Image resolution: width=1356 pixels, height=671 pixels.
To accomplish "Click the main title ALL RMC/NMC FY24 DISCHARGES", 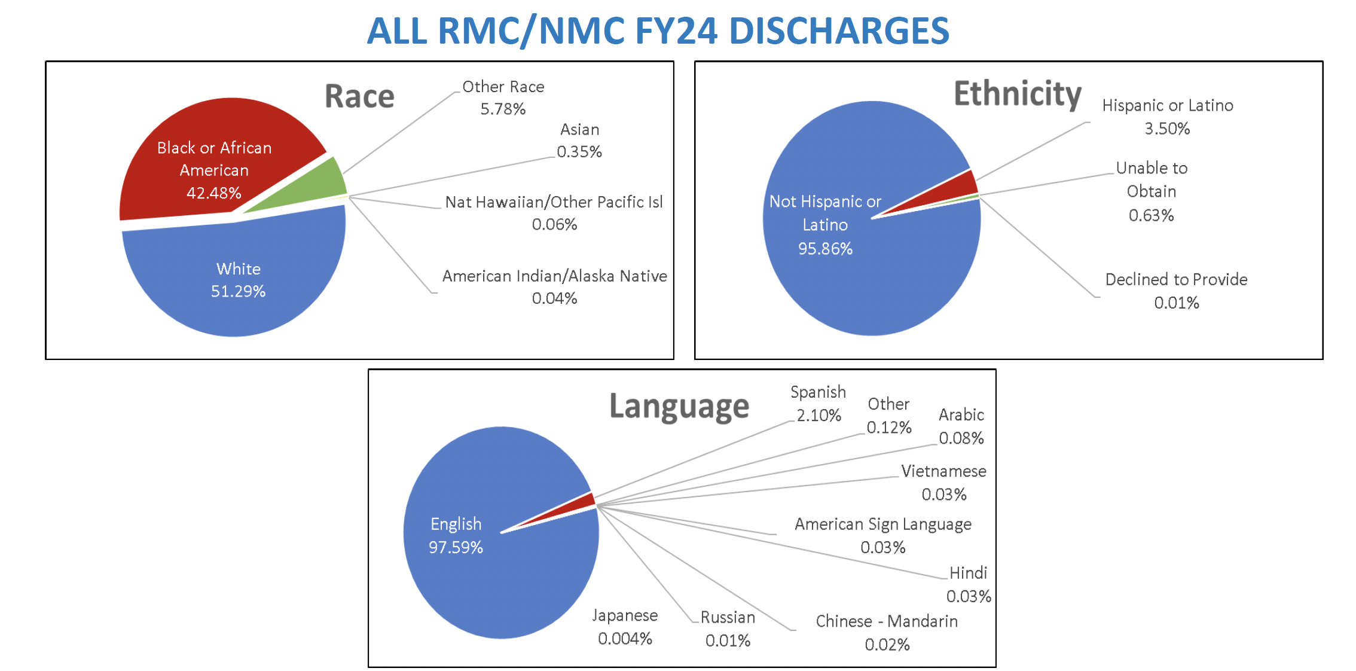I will click(658, 31).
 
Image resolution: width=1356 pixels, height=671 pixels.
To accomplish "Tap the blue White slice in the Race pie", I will click(239, 281).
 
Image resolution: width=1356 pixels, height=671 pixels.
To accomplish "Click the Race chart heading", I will click(359, 96).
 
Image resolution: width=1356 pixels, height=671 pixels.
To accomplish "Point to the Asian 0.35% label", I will click(579, 141).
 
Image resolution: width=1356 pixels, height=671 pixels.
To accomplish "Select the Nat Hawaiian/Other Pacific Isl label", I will click(554, 202).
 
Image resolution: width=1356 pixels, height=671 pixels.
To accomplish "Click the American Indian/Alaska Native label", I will click(554, 276).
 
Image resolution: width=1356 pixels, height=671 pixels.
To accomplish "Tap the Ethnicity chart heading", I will click(1017, 94).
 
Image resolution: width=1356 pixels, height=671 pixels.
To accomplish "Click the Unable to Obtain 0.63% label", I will click(1152, 191).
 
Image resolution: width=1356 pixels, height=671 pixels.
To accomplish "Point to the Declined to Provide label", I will click(1176, 280).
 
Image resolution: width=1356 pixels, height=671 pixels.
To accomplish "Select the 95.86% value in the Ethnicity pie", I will click(825, 249).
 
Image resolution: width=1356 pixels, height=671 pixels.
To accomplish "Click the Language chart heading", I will click(679, 407).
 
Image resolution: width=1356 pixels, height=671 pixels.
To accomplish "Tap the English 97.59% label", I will click(456, 535).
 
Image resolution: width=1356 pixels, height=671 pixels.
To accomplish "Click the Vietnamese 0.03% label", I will click(943, 483).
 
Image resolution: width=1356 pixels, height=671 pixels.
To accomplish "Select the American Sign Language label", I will click(882, 524).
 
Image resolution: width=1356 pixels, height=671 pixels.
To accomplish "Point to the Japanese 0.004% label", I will click(625, 627).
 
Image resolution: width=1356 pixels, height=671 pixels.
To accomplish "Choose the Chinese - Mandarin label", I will click(887, 621).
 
